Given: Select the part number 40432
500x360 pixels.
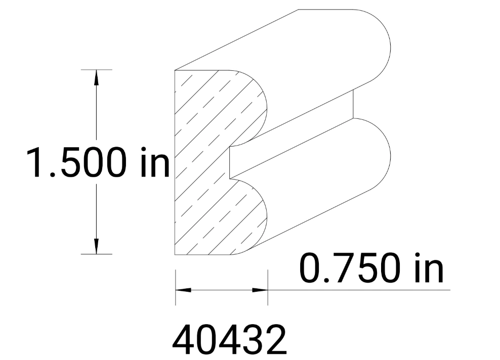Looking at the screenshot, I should pos(229,340).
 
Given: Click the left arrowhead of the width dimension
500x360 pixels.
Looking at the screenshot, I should pos(182,290).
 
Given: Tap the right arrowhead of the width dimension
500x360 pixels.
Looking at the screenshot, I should pos(261,290).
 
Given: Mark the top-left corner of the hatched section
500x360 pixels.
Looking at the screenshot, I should pos(175,70).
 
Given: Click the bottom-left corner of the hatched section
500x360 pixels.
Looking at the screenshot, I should pos(175,254).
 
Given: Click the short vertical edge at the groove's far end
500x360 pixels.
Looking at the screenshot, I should pos(353,104).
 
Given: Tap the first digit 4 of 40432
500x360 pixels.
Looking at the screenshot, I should pos(184,340).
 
